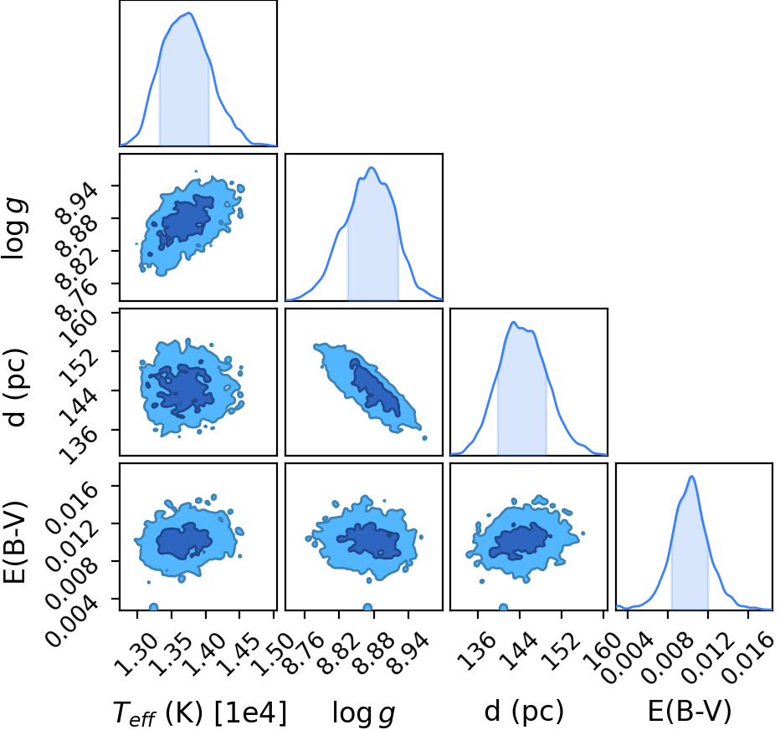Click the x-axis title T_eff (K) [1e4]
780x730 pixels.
tap(200, 712)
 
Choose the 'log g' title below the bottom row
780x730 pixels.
tap(363, 713)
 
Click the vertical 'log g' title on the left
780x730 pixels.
tap(15, 228)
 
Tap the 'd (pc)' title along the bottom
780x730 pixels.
tap(524, 712)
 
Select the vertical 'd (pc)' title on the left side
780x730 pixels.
tap(15, 382)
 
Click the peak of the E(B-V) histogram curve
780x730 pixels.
tap(691, 476)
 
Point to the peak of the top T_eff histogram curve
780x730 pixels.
tap(189, 13)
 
